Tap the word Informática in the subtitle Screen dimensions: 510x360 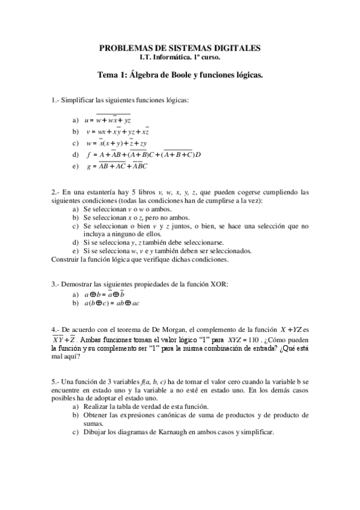click(168, 58)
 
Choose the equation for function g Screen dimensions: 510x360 click(117, 166)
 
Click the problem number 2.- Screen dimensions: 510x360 click(56, 192)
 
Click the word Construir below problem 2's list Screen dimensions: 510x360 click(66, 259)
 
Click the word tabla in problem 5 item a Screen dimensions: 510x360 click(117, 407)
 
